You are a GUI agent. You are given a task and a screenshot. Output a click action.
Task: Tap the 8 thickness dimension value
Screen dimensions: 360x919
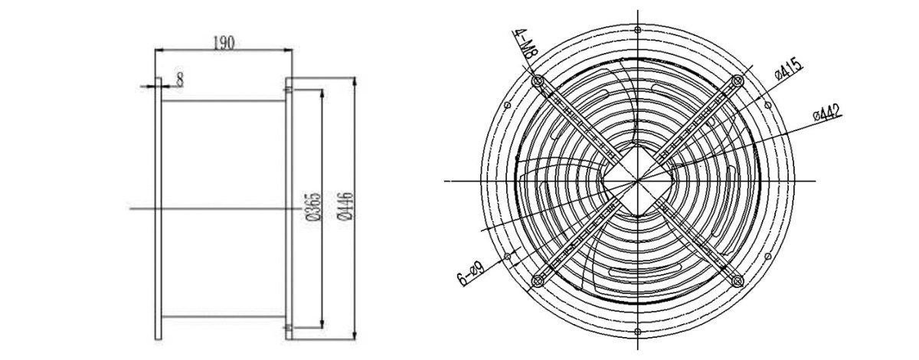180,79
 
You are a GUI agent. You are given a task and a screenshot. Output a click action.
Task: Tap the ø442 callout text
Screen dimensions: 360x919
828,113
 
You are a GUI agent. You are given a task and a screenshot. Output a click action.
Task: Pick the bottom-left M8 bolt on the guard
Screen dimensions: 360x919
536,281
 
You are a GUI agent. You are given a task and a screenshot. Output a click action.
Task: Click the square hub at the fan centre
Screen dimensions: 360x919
638,181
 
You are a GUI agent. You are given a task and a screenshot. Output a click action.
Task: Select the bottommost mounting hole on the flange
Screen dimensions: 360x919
638,332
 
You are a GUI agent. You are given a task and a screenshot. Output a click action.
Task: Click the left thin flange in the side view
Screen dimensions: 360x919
158,207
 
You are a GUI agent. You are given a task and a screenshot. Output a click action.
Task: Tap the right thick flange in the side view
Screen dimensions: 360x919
289,207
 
